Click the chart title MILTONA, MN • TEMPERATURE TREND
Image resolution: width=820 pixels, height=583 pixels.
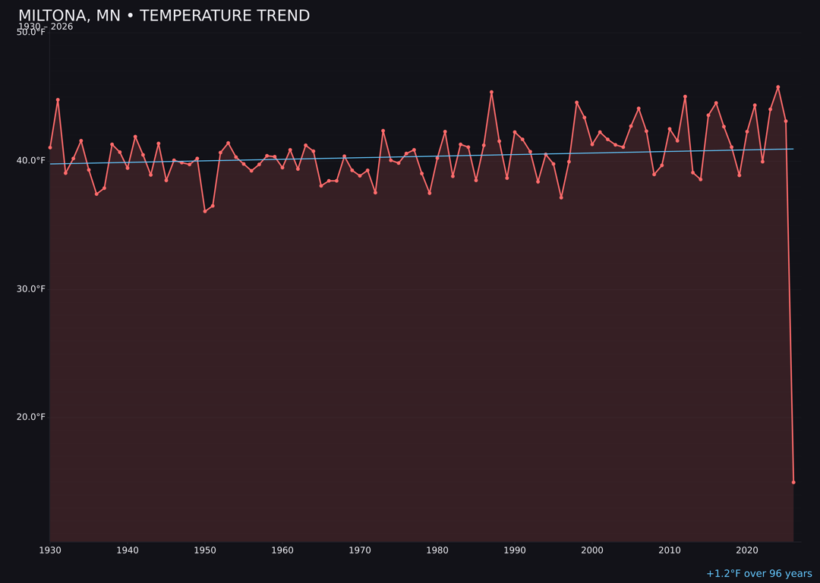coord(164,16)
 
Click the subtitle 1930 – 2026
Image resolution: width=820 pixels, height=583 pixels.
coord(46,27)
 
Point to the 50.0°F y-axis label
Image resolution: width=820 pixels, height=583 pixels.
coord(31,32)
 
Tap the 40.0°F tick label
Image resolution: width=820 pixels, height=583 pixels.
coord(31,160)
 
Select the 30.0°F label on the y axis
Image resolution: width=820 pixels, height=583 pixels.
coord(31,288)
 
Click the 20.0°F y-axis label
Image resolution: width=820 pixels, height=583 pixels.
coord(31,417)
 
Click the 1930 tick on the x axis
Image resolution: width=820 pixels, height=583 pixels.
coord(50,550)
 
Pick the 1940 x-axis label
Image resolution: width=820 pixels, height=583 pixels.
coord(128,550)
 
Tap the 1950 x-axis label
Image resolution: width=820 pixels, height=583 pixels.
coord(205,550)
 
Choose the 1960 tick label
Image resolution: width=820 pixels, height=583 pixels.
coord(282,550)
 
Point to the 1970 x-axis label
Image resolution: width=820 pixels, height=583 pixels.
coord(360,550)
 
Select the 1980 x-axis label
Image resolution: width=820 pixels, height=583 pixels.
coord(437,550)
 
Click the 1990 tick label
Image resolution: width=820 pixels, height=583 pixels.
coord(515,550)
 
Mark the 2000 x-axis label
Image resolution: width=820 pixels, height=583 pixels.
coord(592,550)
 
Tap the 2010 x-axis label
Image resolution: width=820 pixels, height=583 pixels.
coord(670,550)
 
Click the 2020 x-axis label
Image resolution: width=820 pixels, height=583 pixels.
coord(747,550)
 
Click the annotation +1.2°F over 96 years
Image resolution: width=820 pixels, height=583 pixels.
coord(758,574)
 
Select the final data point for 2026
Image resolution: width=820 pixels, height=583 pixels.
coord(793,482)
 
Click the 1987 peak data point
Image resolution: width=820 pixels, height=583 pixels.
coord(491,92)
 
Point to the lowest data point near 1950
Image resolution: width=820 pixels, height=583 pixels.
coord(205,211)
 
